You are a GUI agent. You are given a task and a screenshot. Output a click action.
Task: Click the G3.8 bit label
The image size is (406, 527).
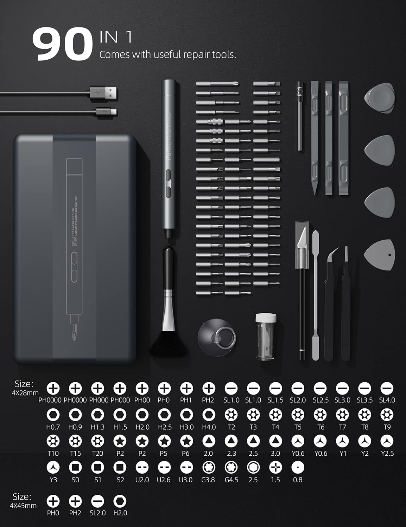(208, 480)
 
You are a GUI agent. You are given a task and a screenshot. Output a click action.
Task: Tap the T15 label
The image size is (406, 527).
(75, 453)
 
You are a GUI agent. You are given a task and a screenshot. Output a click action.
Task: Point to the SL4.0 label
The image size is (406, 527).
(387, 400)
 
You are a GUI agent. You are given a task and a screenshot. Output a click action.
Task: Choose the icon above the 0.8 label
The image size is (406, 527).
(298, 467)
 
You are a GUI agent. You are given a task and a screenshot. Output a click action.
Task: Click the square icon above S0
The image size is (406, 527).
(75, 467)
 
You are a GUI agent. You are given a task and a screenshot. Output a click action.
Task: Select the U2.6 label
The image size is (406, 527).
(164, 480)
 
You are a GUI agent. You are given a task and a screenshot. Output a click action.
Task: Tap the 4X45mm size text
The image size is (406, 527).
(23, 506)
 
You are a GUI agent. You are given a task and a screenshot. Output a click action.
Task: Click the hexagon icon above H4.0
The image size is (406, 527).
(209, 415)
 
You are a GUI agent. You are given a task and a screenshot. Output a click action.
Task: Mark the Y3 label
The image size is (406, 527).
(53, 480)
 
